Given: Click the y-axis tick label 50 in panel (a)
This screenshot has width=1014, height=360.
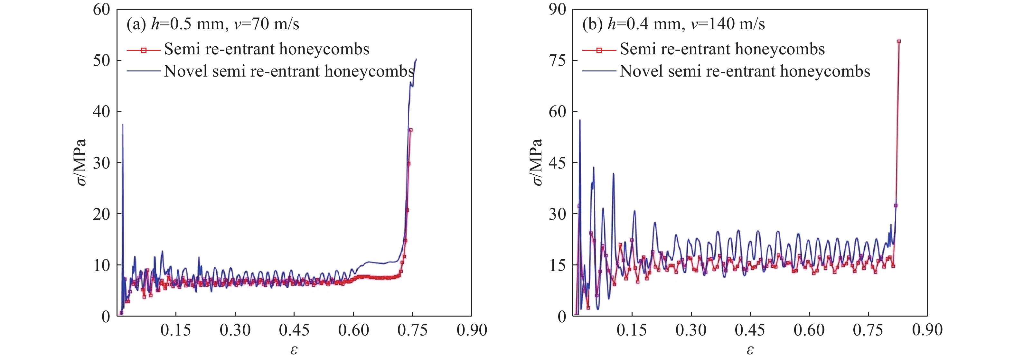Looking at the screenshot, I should pyautogui.click(x=101, y=60).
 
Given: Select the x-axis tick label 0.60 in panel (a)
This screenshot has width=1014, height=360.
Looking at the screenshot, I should pyautogui.click(x=353, y=330).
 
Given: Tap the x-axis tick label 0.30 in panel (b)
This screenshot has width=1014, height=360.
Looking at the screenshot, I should pyautogui.click(x=691, y=330).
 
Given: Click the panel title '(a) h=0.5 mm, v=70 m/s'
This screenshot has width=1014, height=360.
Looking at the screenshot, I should pyautogui.click(x=212, y=24).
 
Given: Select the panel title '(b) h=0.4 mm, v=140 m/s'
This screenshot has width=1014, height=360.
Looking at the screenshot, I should pyautogui.click(x=673, y=24).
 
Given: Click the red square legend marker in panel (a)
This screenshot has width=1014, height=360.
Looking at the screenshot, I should pyautogui.click(x=144, y=50).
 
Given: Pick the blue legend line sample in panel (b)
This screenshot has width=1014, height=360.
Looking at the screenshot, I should pyautogui.click(x=599, y=71).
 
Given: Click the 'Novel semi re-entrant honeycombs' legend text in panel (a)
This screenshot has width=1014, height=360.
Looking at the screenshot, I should pyautogui.click(x=289, y=71).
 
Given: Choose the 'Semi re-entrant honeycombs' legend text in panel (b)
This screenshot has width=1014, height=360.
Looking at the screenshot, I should pyautogui.click(x=722, y=49).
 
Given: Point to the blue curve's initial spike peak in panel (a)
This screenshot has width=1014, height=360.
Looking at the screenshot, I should pyautogui.click(x=122, y=124).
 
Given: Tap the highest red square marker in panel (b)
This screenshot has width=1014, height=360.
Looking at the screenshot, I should pyautogui.click(x=899, y=41).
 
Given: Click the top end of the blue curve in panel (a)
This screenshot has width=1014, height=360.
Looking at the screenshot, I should pyautogui.click(x=417, y=59).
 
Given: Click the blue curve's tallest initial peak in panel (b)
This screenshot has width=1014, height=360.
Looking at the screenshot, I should pyautogui.click(x=579, y=120).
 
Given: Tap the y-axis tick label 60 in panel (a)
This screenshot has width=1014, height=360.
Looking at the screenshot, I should pyautogui.click(x=101, y=9).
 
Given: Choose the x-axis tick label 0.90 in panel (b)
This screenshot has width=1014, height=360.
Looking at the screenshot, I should pyautogui.click(x=927, y=330).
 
